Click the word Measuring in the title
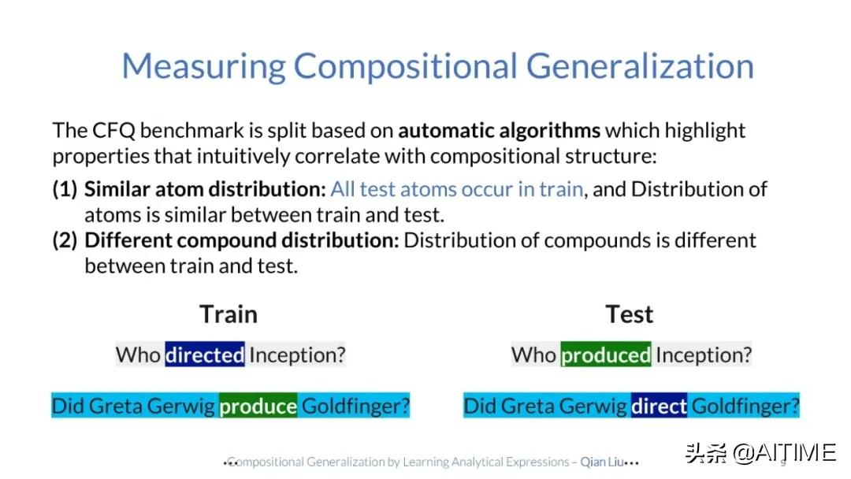[203, 67]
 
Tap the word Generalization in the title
[640, 66]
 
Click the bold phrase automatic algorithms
[500, 131]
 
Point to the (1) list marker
[65, 189]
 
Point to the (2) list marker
[65, 240]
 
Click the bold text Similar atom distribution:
[205, 189]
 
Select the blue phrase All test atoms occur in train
[457, 189]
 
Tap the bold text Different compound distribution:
[242, 240]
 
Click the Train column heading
[229, 314]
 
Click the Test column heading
[630, 314]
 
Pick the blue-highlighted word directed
[205, 355]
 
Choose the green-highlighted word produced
[606, 355]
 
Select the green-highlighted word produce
[258, 406]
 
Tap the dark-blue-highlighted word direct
[659, 406]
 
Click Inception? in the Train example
[297, 355]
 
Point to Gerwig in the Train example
[180, 407]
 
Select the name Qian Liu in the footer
[602, 462]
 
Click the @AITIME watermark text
[784, 452]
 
